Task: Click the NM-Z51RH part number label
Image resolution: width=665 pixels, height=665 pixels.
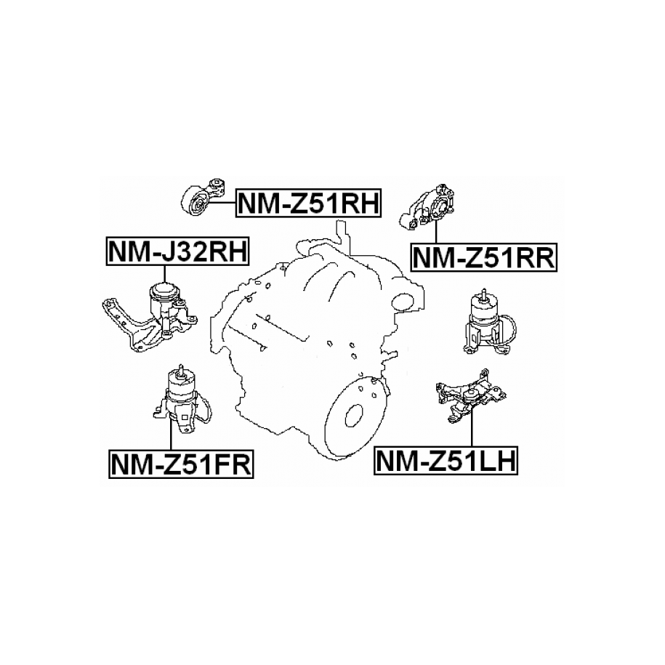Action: [x=308, y=203]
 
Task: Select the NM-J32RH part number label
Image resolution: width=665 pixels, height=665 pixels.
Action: [x=177, y=251]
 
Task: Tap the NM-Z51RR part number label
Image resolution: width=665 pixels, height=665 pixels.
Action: [x=483, y=257]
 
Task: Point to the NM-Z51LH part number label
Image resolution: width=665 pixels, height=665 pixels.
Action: [x=446, y=460]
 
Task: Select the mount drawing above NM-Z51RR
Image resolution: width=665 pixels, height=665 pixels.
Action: [x=429, y=208]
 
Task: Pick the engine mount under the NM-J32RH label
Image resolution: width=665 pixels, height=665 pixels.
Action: [x=150, y=317]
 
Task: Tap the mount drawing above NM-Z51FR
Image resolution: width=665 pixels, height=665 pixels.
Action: [x=182, y=400]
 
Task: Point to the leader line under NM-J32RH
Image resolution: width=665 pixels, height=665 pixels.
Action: [x=164, y=275]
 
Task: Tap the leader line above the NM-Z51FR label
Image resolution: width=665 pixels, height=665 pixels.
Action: [x=171, y=434]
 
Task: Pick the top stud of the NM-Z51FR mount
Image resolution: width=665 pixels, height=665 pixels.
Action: [x=181, y=369]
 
